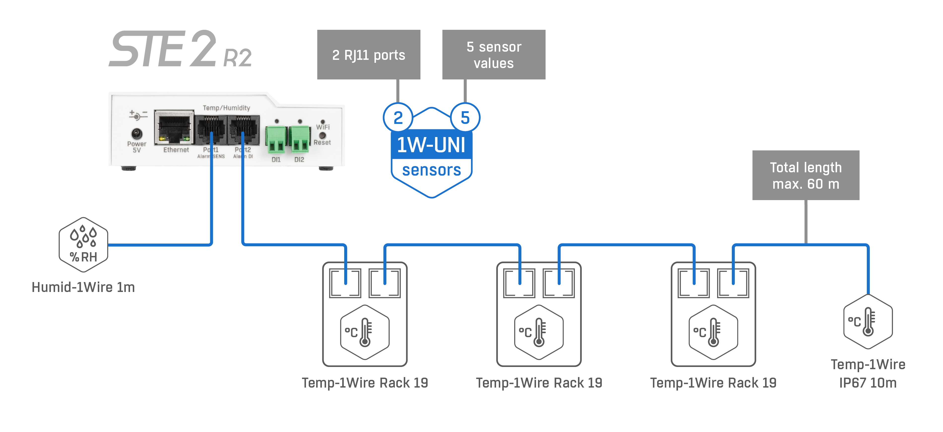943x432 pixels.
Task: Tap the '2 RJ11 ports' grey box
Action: [x=368, y=55]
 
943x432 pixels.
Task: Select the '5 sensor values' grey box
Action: [x=494, y=55]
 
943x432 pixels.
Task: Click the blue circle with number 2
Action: [x=398, y=117]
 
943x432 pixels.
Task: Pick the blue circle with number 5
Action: [x=465, y=117]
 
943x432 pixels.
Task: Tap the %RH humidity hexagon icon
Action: [x=83, y=245]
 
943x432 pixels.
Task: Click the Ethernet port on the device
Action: [x=174, y=127]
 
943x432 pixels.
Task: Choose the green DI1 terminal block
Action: [x=276, y=139]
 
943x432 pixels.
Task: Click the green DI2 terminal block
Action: [x=300, y=139]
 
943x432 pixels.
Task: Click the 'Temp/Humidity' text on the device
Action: [x=226, y=108]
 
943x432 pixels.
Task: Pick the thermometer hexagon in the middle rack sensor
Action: [x=539, y=332]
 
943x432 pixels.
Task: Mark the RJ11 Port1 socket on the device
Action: [x=211, y=130]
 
